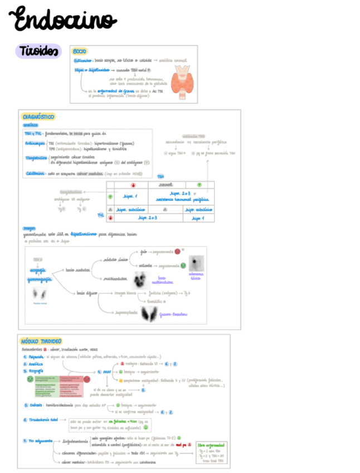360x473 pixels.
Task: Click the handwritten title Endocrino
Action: point(65,21)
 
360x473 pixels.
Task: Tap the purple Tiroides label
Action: point(38,51)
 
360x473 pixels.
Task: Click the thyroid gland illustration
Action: point(183,78)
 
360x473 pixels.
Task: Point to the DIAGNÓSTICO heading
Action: point(38,117)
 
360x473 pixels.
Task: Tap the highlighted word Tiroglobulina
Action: point(37,158)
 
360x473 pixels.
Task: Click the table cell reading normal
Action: point(166,185)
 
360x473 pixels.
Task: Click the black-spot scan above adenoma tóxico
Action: point(196,263)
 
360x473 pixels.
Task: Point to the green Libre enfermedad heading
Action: point(212,446)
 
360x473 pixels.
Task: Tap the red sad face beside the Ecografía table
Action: point(86,379)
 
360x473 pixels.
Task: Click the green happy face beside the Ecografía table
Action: point(30,379)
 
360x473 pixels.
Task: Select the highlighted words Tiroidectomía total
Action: point(45,420)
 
